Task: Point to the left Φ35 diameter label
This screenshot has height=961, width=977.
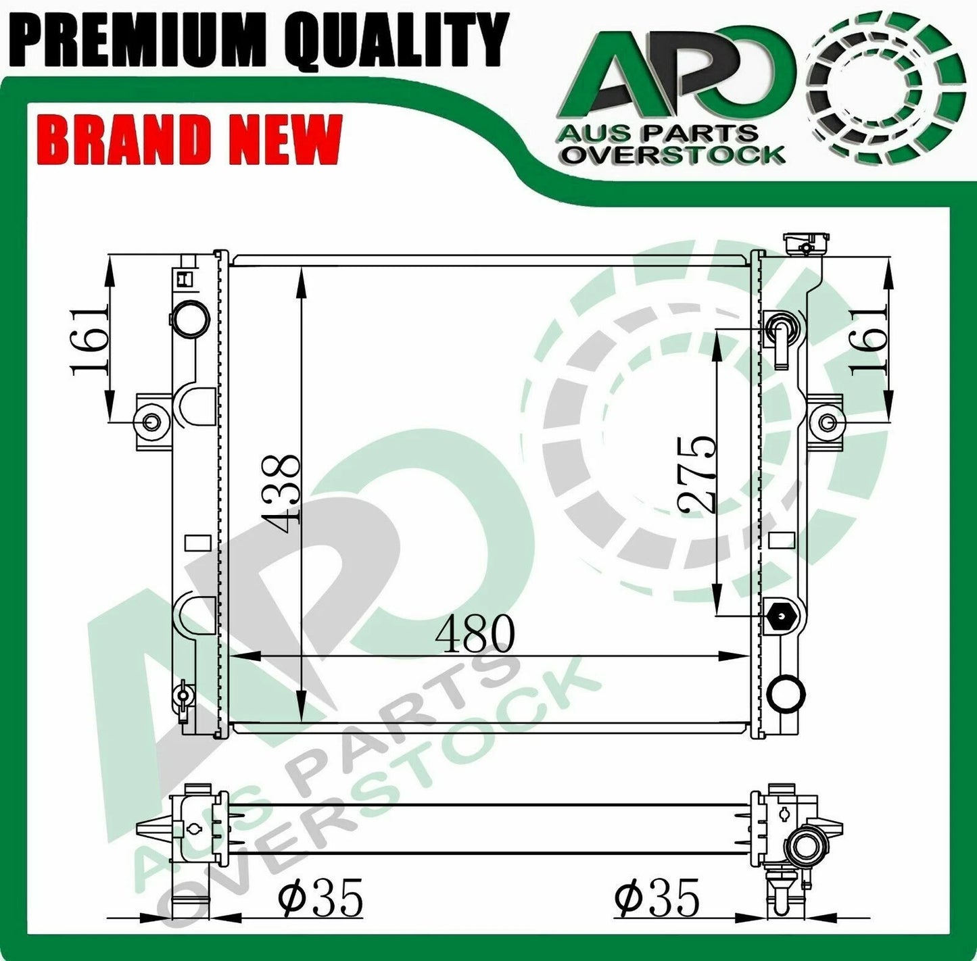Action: click(x=320, y=898)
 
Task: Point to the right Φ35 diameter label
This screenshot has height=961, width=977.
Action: click(x=657, y=898)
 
